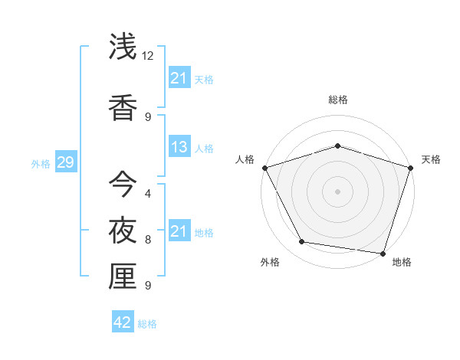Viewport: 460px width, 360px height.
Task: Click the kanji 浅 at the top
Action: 123,48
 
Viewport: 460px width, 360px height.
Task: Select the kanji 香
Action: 123,106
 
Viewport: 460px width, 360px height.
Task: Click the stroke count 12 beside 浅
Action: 148,56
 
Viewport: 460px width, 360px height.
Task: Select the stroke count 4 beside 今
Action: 148,193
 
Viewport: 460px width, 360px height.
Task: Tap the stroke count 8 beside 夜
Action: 148,240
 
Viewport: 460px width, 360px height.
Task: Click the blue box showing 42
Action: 122,322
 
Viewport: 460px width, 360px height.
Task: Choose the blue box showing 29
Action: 65,162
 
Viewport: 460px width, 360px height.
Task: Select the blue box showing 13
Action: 179,147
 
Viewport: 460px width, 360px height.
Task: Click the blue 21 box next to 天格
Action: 179,78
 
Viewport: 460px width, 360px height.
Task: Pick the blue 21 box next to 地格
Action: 179,231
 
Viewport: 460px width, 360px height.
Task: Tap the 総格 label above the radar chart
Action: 337,100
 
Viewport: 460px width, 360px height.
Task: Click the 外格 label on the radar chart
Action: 270,262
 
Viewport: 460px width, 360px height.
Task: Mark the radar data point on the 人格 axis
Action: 265,168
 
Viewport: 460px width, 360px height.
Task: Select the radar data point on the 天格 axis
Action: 410,168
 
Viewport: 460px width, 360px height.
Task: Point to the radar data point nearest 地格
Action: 383,253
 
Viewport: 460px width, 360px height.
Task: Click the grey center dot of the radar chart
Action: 337,191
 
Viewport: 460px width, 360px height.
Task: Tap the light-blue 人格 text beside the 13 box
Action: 204,148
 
